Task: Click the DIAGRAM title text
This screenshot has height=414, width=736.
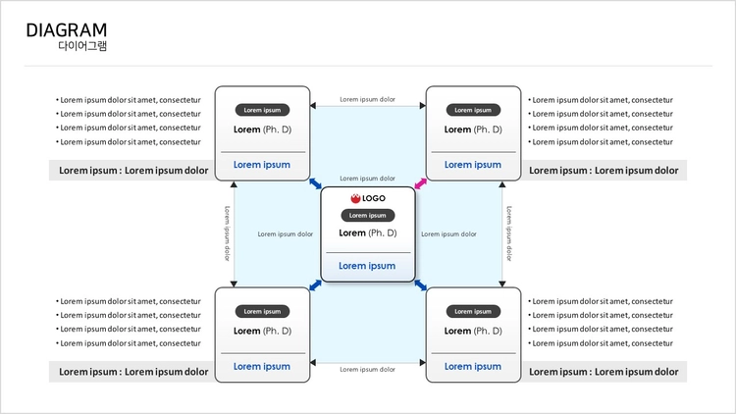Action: point(66,30)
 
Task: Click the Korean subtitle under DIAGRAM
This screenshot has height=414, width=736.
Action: point(82,45)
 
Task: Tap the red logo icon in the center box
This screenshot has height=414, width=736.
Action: point(355,198)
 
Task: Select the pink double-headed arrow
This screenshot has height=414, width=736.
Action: point(421,183)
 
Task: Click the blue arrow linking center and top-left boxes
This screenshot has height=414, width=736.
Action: point(315,183)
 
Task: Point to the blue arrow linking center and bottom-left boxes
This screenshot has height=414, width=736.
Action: point(315,285)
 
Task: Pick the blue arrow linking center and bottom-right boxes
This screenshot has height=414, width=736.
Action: point(421,285)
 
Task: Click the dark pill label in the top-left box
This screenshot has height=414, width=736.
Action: point(262,110)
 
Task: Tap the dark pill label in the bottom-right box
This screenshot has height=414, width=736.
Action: point(473,311)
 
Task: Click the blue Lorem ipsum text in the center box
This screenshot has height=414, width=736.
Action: point(367,266)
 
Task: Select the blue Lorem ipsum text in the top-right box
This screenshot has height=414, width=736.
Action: point(473,165)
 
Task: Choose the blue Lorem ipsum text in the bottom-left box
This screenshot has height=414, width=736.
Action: point(262,366)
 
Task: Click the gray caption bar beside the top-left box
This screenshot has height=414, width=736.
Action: point(131,170)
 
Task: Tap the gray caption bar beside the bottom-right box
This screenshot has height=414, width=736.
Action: point(605,372)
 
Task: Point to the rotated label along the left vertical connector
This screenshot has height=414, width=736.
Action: point(228,233)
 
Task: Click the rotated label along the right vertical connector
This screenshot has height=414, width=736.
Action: point(508,233)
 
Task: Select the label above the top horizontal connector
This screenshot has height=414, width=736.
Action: point(368,99)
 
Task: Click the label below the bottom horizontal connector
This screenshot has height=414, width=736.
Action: point(368,370)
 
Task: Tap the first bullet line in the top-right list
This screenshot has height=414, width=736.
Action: point(601,100)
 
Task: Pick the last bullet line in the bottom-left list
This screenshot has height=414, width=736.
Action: point(129,343)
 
